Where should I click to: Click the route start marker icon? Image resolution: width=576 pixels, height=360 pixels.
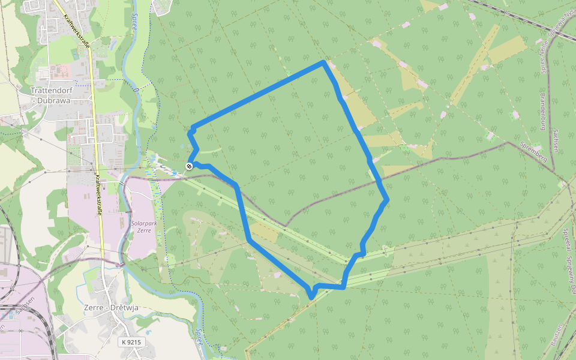tap(190, 166)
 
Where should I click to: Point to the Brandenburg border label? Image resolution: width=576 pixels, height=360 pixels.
tap(541, 112)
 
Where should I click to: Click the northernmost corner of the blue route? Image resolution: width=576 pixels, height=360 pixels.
tap(324, 62)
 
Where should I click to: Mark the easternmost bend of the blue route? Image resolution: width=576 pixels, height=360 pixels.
tap(388, 199)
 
